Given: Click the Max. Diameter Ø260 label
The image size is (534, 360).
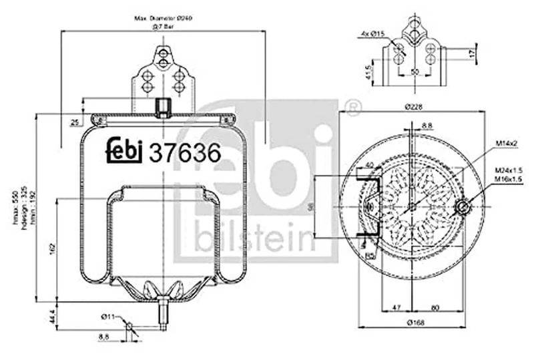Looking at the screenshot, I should click(163, 18).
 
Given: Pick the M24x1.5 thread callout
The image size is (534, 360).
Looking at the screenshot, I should click(508, 170).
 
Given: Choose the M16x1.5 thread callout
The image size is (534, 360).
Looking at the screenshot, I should click(508, 180).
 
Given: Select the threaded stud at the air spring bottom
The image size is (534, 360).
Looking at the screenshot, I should click(162, 315).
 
